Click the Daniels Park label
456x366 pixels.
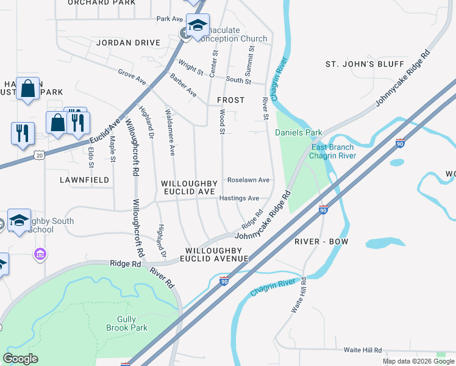(298, 132)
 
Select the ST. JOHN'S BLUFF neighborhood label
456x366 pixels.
(365, 64)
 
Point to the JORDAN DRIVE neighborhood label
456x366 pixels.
(128, 43)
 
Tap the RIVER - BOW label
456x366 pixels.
(321, 242)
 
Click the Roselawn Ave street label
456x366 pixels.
(248, 181)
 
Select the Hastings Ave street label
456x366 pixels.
(239, 198)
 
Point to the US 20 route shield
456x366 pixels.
(39, 156)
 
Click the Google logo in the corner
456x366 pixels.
(20, 358)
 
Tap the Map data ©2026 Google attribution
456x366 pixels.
(418, 361)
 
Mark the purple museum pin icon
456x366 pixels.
(40, 253)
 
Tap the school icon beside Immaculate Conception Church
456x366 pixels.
(198, 27)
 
